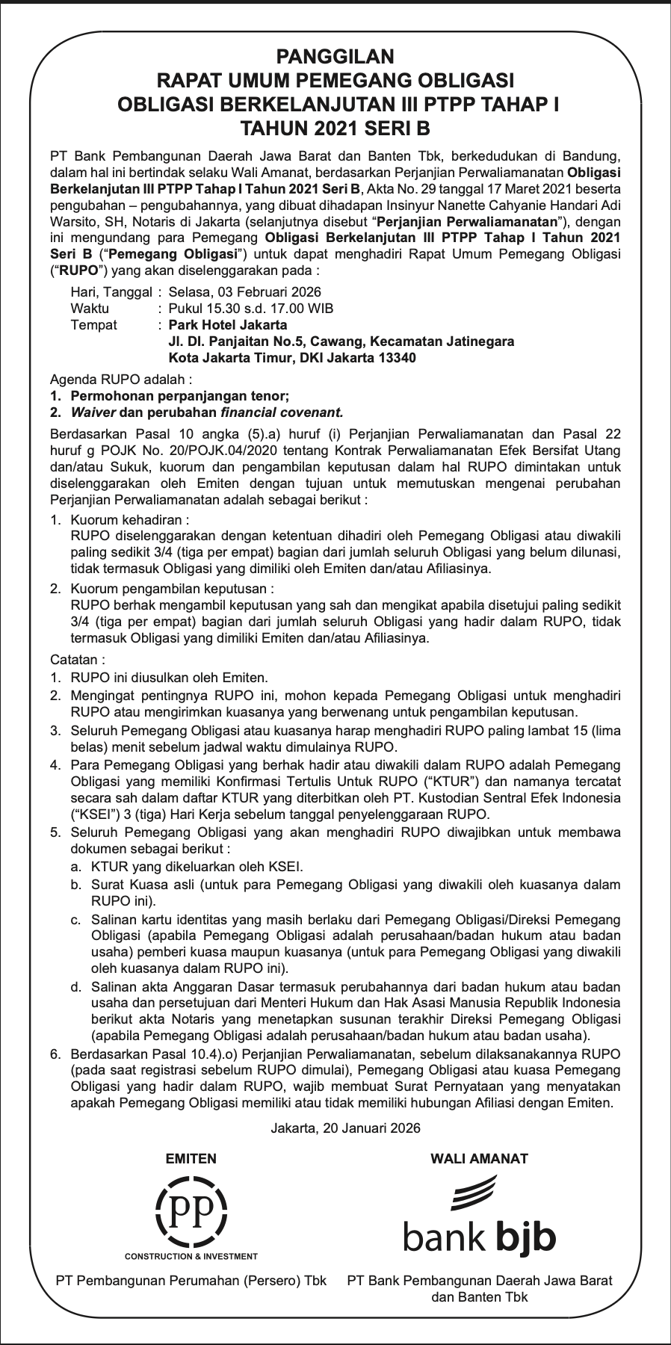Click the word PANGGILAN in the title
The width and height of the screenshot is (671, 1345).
[335, 56]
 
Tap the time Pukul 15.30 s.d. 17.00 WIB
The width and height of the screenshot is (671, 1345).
[251, 309]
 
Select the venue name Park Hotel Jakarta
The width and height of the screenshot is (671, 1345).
[228, 325]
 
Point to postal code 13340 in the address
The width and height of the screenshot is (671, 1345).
[400, 358]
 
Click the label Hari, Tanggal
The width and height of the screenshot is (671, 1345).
[111, 292]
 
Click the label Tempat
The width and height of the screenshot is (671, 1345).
[93, 325]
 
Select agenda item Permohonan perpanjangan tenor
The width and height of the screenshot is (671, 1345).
[179, 396]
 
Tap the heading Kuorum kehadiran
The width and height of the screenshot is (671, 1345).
[129, 519]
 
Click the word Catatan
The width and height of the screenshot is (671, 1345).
[78, 660]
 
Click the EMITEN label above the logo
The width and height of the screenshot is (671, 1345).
[191, 1159]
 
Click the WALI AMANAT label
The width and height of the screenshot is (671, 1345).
[479, 1159]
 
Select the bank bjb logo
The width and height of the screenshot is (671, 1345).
[479, 1216]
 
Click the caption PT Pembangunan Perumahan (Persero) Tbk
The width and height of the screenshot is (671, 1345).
[191, 1280]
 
